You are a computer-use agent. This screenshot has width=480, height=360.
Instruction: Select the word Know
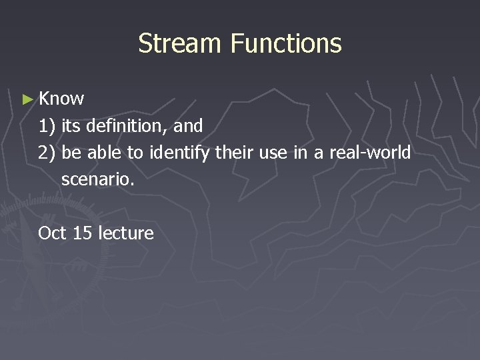click(x=61, y=99)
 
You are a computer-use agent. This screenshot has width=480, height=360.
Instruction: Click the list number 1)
click(x=47, y=125)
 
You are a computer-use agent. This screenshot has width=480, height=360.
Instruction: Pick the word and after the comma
click(x=188, y=125)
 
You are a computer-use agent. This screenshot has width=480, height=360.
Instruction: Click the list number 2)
click(x=47, y=153)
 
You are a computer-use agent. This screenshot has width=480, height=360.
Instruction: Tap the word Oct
click(x=52, y=233)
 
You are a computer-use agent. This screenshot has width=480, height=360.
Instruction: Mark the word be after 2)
click(x=71, y=153)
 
